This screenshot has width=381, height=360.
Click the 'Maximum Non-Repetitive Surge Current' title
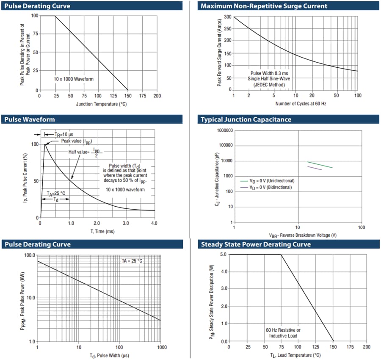click(x=263, y=6)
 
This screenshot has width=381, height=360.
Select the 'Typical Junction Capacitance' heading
click(x=246, y=119)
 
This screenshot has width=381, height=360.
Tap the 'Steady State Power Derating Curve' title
click(x=256, y=244)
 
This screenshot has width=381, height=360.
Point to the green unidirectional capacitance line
click(x=320, y=165)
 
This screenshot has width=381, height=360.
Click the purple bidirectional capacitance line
click(x=314, y=168)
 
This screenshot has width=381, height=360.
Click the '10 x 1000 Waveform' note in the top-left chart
click(x=73, y=79)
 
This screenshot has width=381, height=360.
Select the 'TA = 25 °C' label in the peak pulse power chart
click(x=132, y=260)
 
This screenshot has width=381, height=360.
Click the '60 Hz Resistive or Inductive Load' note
click(x=283, y=333)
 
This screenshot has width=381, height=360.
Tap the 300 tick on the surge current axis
click(x=228, y=17)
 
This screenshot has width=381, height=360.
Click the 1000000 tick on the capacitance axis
click(x=224, y=130)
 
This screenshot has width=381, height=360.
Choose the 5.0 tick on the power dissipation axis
click(x=223, y=255)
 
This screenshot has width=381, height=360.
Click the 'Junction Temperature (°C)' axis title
click(x=101, y=104)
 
